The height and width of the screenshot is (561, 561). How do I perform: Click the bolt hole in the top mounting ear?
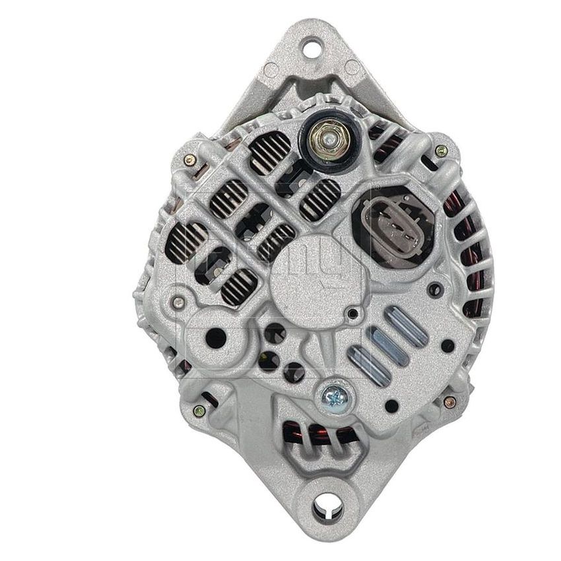311,48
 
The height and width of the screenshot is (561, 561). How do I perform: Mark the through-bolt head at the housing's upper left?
189,158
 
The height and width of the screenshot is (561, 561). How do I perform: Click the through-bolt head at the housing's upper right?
442,151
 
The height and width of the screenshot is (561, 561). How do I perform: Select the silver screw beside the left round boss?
177,302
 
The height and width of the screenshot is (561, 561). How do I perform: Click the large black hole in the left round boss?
215,339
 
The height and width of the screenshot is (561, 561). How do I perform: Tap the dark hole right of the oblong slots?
447,345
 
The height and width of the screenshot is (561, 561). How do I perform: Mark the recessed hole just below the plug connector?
434,288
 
